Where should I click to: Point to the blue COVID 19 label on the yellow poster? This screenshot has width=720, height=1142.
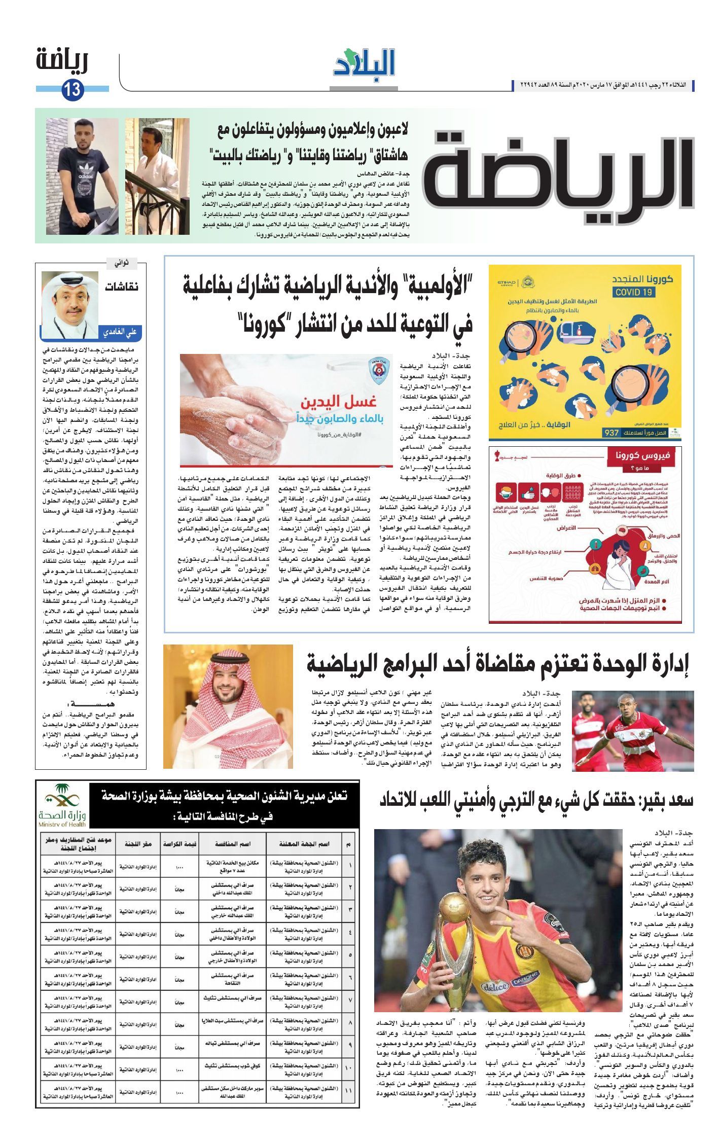click(634, 292)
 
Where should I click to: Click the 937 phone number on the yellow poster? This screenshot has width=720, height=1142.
click(612, 432)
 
